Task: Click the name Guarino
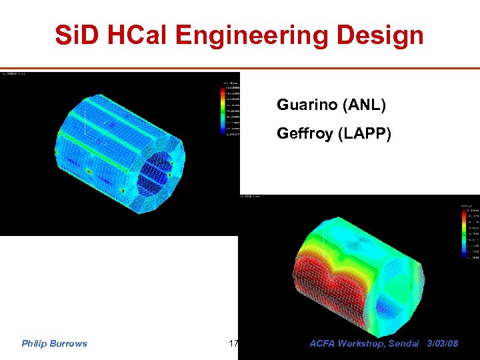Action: click(305, 105)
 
